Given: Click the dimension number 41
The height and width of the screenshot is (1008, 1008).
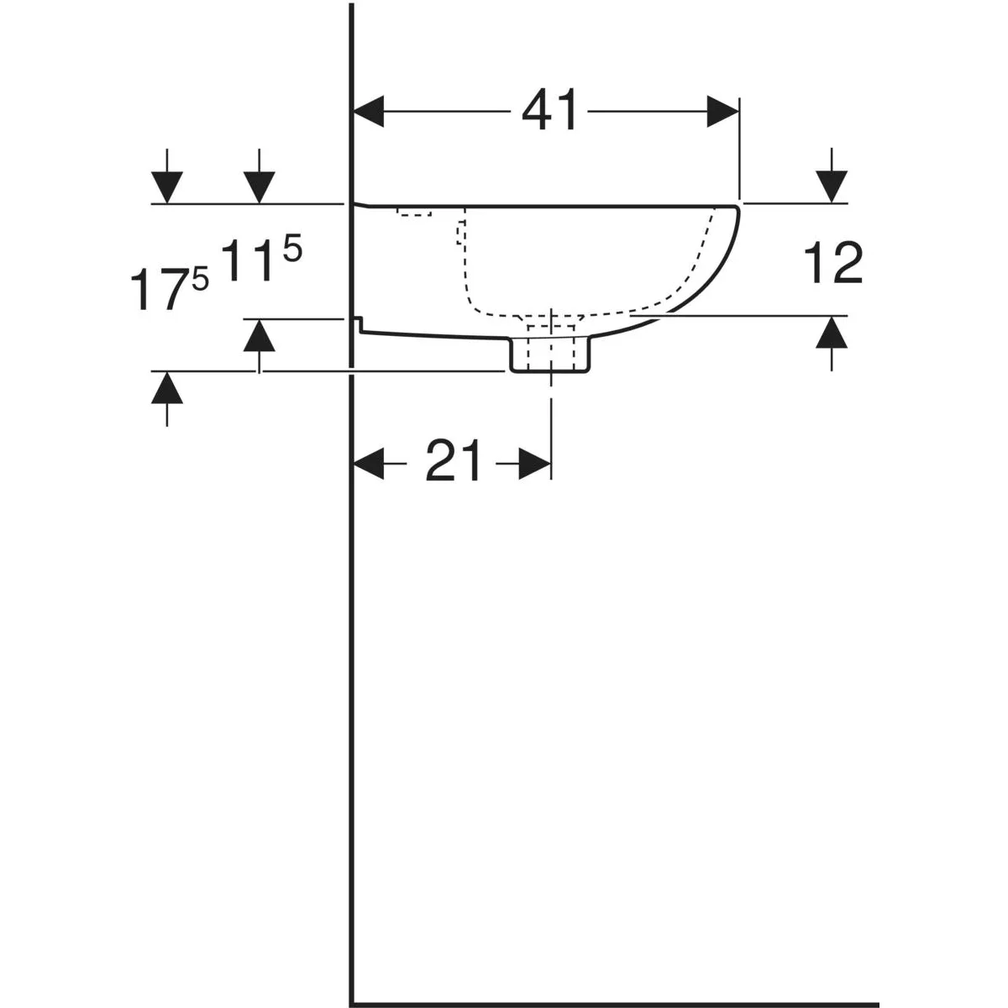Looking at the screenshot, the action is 549,110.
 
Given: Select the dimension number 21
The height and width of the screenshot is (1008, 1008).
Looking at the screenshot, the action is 453,461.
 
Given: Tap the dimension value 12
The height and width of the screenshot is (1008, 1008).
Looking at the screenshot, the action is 832,265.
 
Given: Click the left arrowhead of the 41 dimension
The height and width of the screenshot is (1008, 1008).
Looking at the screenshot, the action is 369,111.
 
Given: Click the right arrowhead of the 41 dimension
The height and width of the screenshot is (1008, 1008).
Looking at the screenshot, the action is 722,111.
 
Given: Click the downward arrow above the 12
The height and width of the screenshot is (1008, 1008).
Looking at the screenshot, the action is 832,176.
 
